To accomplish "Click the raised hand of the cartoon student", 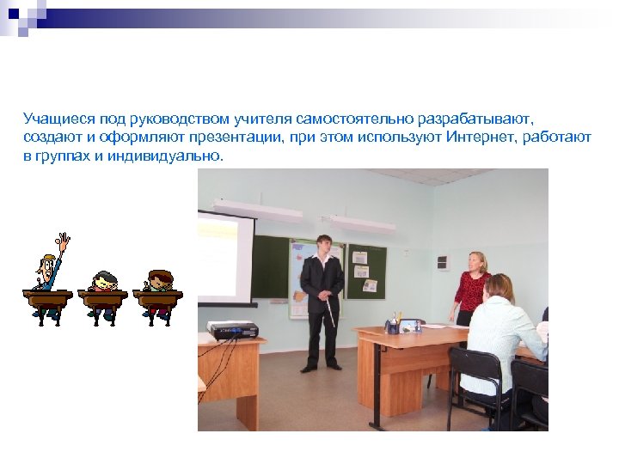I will coord(63,242).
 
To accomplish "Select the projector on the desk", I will coord(232,329).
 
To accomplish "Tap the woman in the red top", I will coord(471,288).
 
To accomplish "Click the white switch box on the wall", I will coord(442,262).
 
